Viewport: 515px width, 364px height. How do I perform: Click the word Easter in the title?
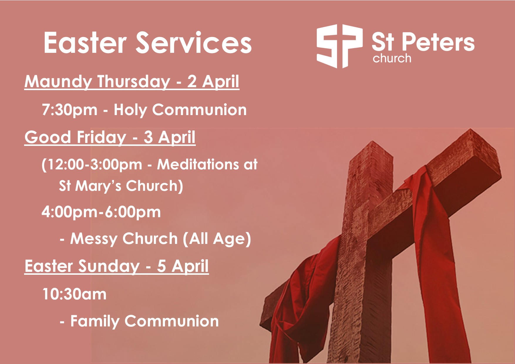[x=85, y=43]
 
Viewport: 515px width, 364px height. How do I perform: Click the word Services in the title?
[x=194, y=43]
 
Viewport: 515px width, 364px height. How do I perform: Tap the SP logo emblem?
[x=339, y=46]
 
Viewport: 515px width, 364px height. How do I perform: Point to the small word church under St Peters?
[x=392, y=58]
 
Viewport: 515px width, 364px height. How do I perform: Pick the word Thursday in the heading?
[x=134, y=81]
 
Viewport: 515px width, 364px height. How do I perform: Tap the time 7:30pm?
[x=70, y=110]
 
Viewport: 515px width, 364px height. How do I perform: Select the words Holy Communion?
[x=180, y=110]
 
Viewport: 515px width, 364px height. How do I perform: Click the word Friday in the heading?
[x=102, y=137]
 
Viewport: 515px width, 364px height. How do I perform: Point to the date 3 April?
[x=169, y=137]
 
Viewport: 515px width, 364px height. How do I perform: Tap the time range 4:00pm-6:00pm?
[x=101, y=212]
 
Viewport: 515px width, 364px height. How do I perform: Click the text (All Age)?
[x=217, y=239]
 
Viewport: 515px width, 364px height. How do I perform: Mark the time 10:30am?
[x=74, y=294]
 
